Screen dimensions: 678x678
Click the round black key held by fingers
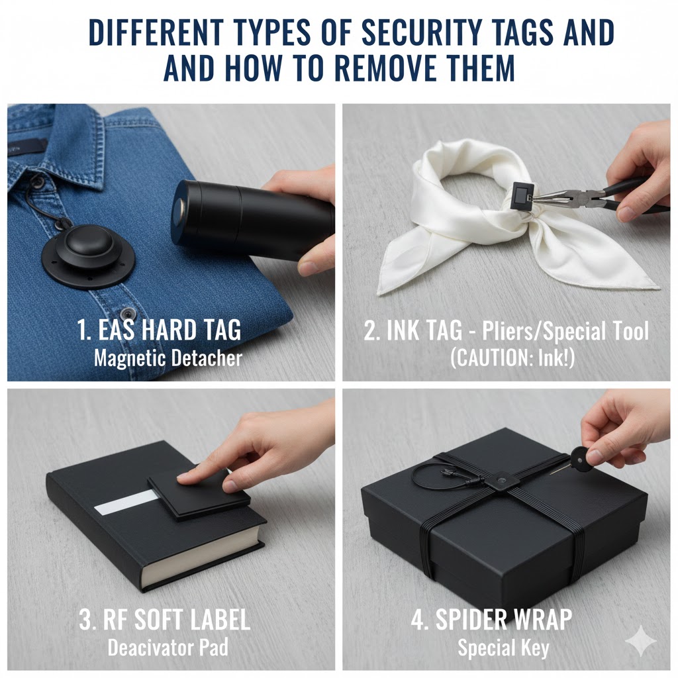pyautogui.click(x=580, y=456)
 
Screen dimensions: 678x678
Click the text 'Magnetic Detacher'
pyautogui.click(x=168, y=359)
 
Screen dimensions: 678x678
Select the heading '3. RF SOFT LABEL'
pyautogui.click(x=164, y=620)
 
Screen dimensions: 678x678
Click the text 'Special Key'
pyautogui.click(x=503, y=647)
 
